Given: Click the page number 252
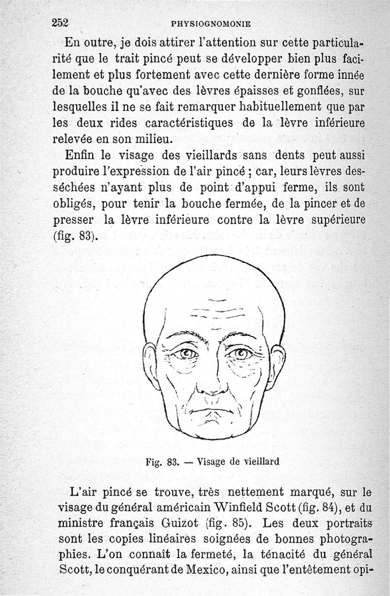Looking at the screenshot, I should pos(61,22).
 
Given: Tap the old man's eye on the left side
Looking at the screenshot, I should pos(185,353).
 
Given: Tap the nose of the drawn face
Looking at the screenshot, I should pos(213,385).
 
